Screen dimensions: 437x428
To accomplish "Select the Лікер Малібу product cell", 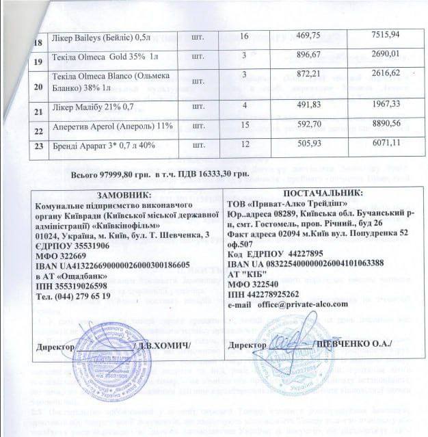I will [x=81, y=107].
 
